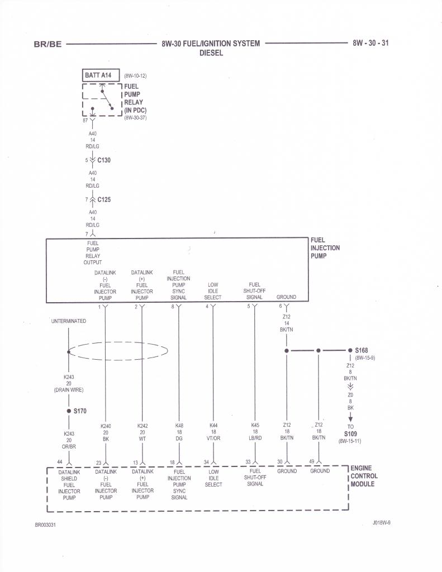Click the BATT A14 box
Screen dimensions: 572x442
click(x=98, y=75)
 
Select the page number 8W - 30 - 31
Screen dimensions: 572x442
click(x=370, y=44)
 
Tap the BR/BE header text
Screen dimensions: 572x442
click(x=47, y=45)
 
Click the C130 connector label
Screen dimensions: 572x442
click(x=104, y=160)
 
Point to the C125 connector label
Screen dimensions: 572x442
click(x=104, y=199)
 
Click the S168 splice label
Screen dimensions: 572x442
click(x=361, y=350)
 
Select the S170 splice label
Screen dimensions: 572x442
click(x=80, y=411)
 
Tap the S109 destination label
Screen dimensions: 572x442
click(x=350, y=433)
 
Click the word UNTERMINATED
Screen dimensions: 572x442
click(x=69, y=321)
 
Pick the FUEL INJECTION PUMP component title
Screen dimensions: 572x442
click(x=325, y=248)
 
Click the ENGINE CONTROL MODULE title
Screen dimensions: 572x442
click(x=364, y=476)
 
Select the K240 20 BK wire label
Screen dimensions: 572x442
click(x=106, y=432)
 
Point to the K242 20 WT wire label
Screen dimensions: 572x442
click(x=142, y=432)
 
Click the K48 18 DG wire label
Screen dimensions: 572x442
click(x=179, y=432)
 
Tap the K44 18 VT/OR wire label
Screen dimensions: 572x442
click(x=213, y=432)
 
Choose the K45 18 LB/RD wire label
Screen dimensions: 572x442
click(x=255, y=432)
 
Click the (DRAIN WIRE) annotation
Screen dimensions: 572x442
click(x=69, y=390)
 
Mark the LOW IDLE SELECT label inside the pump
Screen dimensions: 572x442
click(x=213, y=291)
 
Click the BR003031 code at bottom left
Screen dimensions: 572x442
click(x=45, y=525)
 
